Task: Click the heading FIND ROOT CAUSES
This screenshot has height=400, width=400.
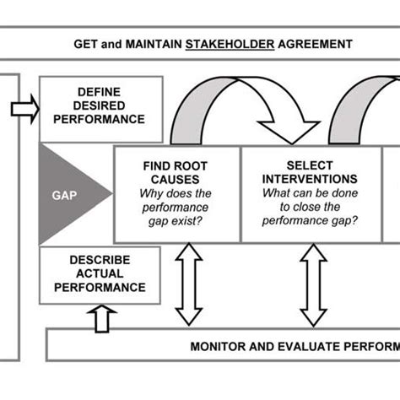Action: point(176,173)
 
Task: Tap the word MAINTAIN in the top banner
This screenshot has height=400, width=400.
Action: point(149,44)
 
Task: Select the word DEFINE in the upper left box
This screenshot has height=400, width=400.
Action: point(99,91)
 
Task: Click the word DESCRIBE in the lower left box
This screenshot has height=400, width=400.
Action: point(99,261)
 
